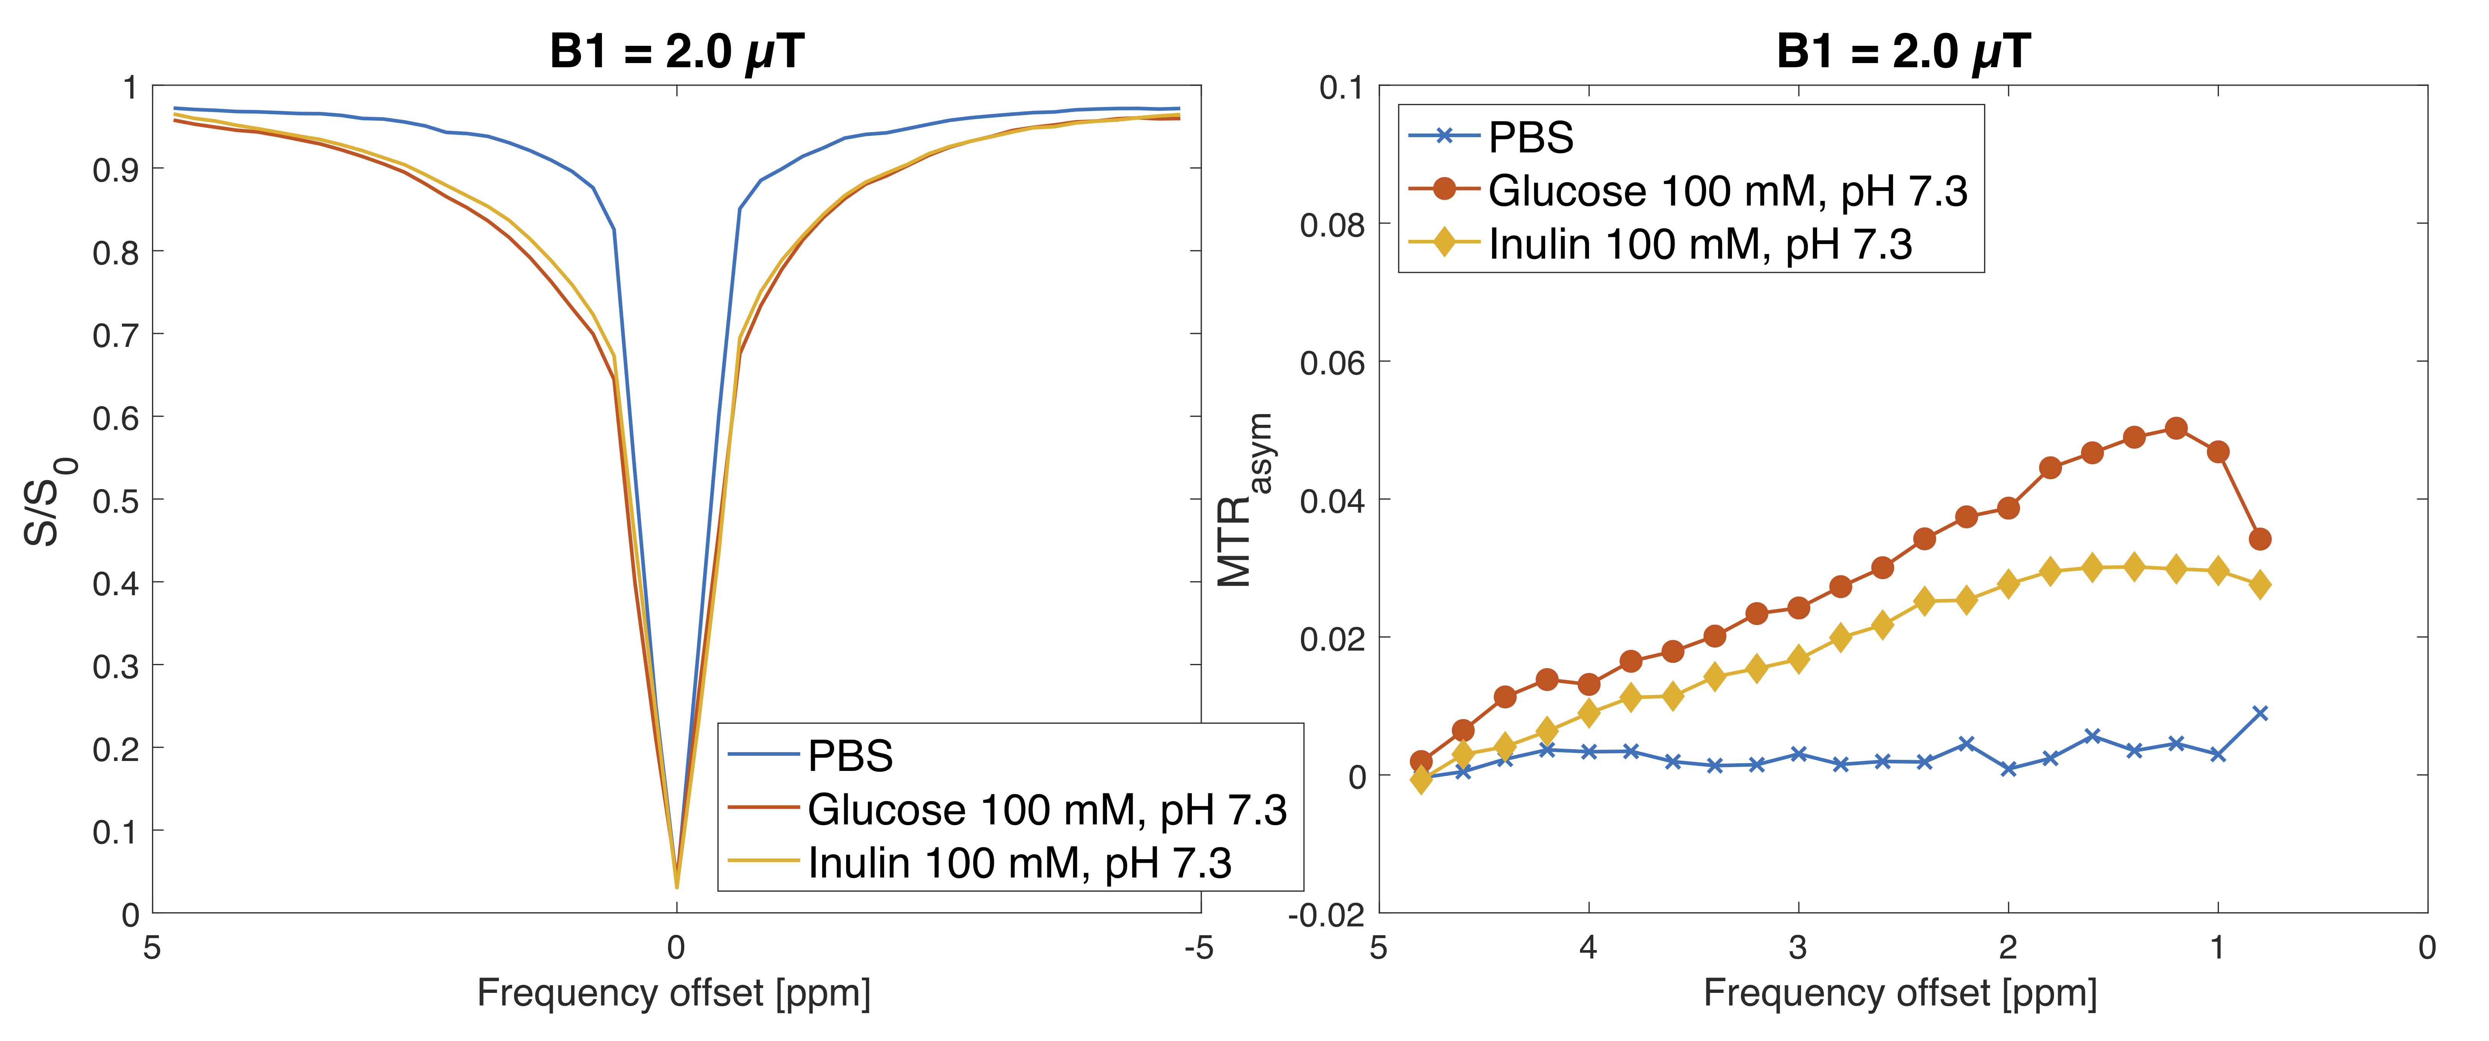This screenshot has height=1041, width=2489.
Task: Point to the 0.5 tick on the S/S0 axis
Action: [116, 501]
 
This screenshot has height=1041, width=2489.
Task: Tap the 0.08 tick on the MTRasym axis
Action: [1332, 225]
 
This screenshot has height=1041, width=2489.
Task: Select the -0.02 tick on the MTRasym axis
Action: [1325, 915]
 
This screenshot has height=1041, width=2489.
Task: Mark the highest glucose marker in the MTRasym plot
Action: [2176, 428]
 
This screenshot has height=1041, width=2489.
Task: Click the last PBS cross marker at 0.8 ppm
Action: [2260, 713]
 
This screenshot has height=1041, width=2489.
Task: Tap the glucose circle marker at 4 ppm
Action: [1589, 684]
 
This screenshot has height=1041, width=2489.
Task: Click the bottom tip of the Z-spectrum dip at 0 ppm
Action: [676, 884]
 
